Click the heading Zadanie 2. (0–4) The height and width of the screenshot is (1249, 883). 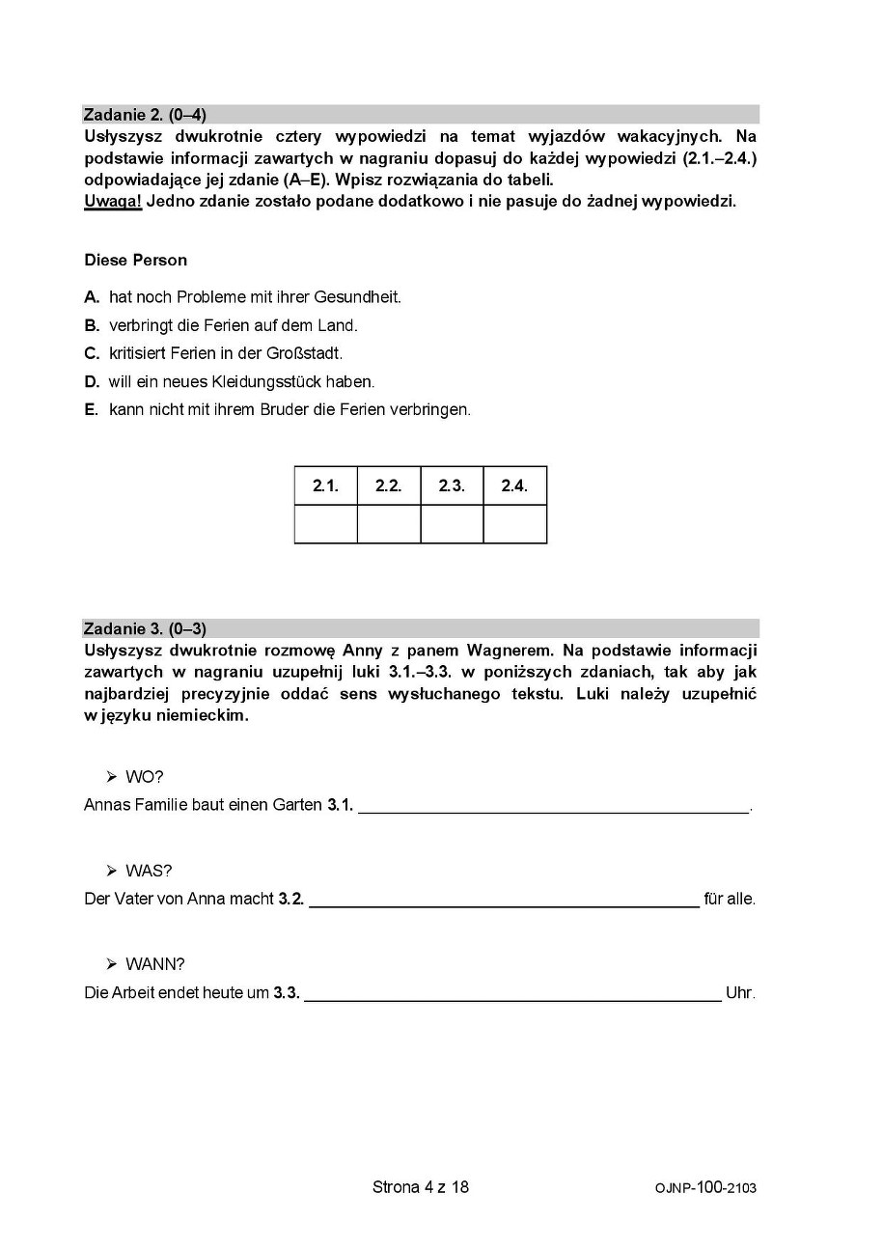coord(145,115)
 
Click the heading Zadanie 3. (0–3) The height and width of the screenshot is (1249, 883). coord(145,629)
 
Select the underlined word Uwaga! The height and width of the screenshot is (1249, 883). coord(113,202)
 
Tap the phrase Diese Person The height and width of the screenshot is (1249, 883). coord(135,260)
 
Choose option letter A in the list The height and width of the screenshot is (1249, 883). coord(92,297)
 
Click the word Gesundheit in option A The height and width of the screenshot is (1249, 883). coord(363,297)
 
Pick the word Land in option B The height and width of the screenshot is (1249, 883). coord(339,325)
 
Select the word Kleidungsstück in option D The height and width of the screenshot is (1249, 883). coord(273,381)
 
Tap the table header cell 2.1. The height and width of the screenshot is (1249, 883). coord(325,486)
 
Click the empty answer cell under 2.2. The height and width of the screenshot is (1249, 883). coord(388,524)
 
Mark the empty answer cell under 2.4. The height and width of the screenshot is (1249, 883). coord(514,524)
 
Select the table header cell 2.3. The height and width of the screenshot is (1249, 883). coord(452,486)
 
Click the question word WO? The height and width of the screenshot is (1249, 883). coord(145,777)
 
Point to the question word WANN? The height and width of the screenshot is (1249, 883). coord(154,964)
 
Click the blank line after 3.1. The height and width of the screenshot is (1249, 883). coord(554,807)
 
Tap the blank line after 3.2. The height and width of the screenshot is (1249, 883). coord(504,901)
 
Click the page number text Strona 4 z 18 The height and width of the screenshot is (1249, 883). coord(421,1187)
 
